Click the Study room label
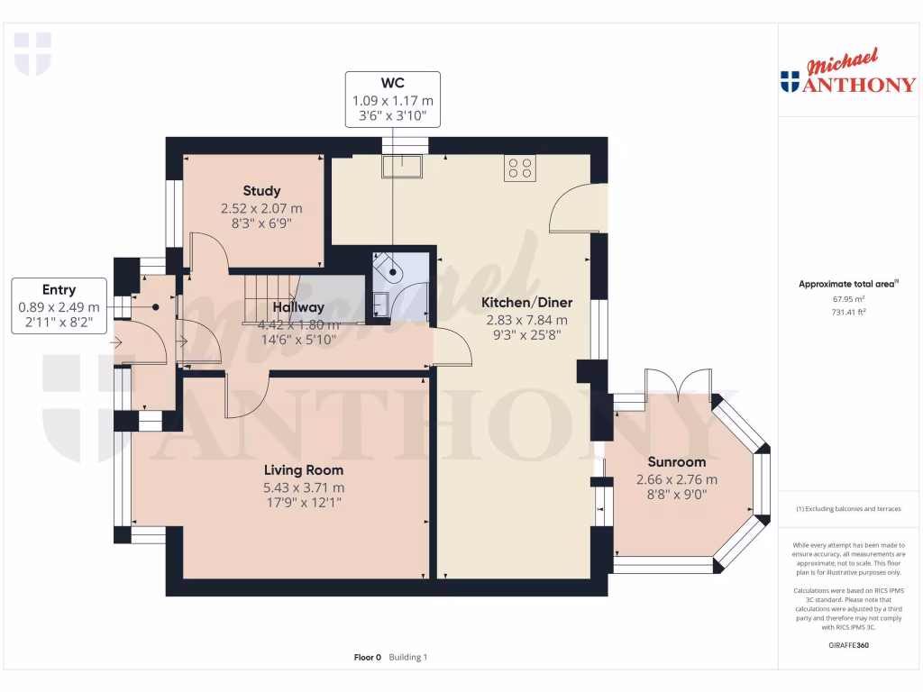point(261,191)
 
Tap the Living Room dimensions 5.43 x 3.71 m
point(304,487)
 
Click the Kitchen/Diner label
point(526,303)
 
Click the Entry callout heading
point(59,290)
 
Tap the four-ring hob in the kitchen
point(519,168)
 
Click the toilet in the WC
point(390,266)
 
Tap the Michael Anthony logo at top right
point(847,74)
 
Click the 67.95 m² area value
point(846,298)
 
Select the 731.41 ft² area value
point(846,312)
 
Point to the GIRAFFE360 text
point(846,645)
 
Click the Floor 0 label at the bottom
point(368,658)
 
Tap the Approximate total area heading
point(846,284)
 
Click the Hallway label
point(299,308)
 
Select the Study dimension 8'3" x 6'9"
point(261,223)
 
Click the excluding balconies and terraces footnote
point(846,509)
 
